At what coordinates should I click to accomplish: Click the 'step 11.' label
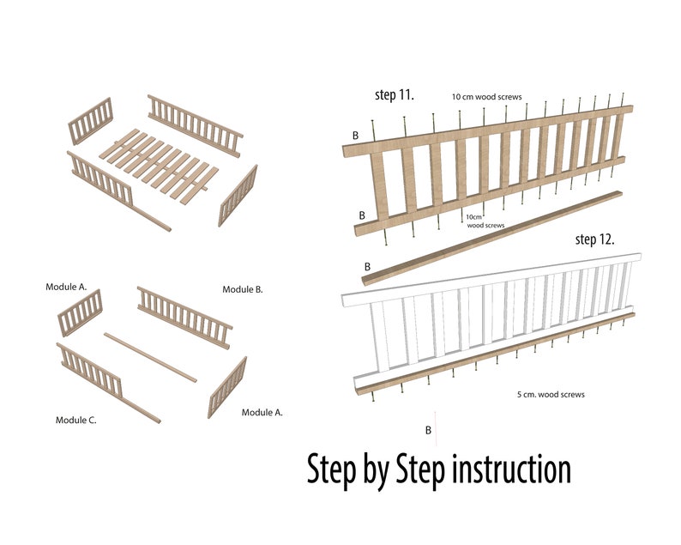pos(395,94)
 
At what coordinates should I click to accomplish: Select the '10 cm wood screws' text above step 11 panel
pos(486,97)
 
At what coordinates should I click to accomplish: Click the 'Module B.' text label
pos(243,289)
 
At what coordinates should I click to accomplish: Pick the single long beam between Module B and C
pos(150,355)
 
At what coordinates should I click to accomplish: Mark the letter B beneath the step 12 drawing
pos(428,429)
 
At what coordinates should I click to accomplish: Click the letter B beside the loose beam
pos(367,267)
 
